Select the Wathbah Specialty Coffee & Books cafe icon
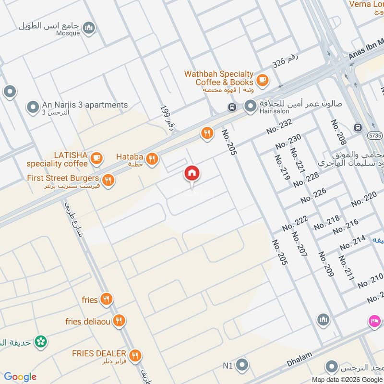[x=262, y=80]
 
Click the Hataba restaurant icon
[x=152, y=158]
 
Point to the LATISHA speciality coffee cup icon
[x=96, y=157]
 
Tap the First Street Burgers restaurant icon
[x=108, y=180]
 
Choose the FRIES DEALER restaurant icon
[x=135, y=355]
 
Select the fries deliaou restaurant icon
[x=119, y=321]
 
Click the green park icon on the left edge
[x=42, y=341]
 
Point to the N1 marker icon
[x=243, y=365]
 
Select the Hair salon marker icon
[x=250, y=107]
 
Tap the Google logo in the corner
[x=21, y=377]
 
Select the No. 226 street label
[x=313, y=195]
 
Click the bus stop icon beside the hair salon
[x=232, y=107]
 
